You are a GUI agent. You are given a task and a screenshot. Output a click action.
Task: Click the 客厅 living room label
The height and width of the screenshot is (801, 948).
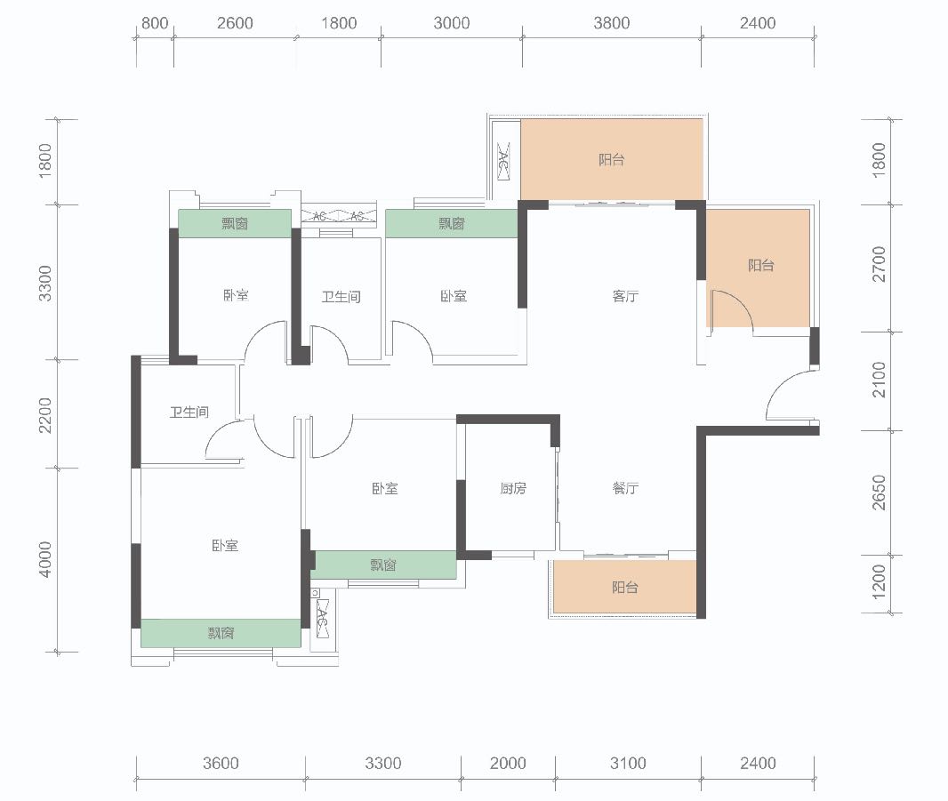point(625,296)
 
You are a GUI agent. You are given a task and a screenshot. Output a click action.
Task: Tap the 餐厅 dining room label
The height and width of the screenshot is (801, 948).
point(625,488)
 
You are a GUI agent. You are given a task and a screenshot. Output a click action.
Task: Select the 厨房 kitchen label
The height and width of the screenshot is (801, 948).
point(513,488)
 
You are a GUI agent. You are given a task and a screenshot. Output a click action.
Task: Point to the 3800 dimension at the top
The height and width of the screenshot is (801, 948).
point(611,23)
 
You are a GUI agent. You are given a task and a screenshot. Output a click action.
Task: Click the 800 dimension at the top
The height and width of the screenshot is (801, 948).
point(155,23)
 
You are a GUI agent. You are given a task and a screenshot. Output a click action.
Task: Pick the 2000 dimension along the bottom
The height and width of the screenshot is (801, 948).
point(508,763)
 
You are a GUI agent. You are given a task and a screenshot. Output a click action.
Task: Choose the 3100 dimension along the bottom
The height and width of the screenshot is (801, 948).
point(628,763)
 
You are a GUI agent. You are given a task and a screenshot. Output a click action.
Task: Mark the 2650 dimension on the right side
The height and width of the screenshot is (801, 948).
point(879,493)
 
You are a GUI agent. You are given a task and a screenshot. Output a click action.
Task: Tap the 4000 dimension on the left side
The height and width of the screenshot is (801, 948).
point(44,560)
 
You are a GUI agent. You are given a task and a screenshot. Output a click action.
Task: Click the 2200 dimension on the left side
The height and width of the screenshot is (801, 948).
point(44,415)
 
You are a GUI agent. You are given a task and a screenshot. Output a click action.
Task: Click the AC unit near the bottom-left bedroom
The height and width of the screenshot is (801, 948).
point(322,619)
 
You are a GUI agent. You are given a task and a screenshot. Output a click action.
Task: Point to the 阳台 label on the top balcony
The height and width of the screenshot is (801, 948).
point(611,160)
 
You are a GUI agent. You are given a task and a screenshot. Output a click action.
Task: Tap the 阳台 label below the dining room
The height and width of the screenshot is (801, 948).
point(624,587)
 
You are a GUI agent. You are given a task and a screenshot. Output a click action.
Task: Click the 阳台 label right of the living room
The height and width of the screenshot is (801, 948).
point(761,265)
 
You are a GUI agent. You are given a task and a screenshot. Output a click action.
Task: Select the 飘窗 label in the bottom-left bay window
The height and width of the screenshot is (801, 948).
point(221,633)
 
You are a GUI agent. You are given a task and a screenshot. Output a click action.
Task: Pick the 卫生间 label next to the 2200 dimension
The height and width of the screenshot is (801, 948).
point(189,413)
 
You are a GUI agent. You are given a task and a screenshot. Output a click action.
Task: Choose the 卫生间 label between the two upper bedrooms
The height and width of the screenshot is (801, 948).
point(341,297)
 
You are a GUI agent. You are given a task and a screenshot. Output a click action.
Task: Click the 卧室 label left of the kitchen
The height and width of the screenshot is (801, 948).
point(385,488)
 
